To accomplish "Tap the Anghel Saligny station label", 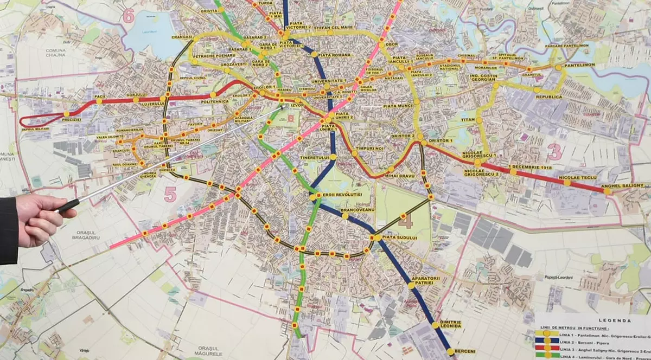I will (623, 185).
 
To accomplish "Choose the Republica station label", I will (548, 97).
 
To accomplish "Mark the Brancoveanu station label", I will (358, 209).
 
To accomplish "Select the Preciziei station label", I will (71, 119).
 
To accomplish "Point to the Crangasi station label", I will (182, 37).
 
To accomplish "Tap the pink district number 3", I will (554, 152).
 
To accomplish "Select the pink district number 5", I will (170, 194).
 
